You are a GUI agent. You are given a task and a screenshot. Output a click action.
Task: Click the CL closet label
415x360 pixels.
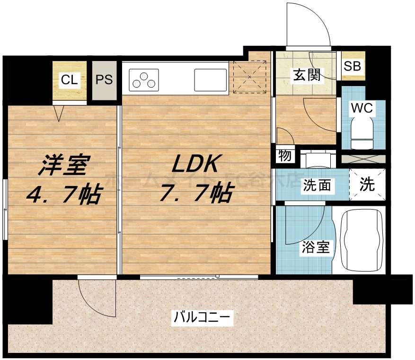69,79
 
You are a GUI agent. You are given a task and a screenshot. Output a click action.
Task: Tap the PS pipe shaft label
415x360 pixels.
104,79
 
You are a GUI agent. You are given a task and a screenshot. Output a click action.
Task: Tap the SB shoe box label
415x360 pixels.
352,66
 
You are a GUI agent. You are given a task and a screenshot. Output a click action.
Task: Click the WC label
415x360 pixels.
362,108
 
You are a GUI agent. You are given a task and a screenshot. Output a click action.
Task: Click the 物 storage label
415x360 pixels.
285,156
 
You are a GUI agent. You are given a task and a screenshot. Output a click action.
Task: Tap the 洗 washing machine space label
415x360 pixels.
367,184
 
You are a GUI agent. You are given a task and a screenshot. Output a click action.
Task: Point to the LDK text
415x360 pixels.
194,165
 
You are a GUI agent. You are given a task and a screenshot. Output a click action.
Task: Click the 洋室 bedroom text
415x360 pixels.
64,166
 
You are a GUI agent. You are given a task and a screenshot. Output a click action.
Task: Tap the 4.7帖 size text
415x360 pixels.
64,194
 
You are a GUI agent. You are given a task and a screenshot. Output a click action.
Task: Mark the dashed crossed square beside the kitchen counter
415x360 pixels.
249,77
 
